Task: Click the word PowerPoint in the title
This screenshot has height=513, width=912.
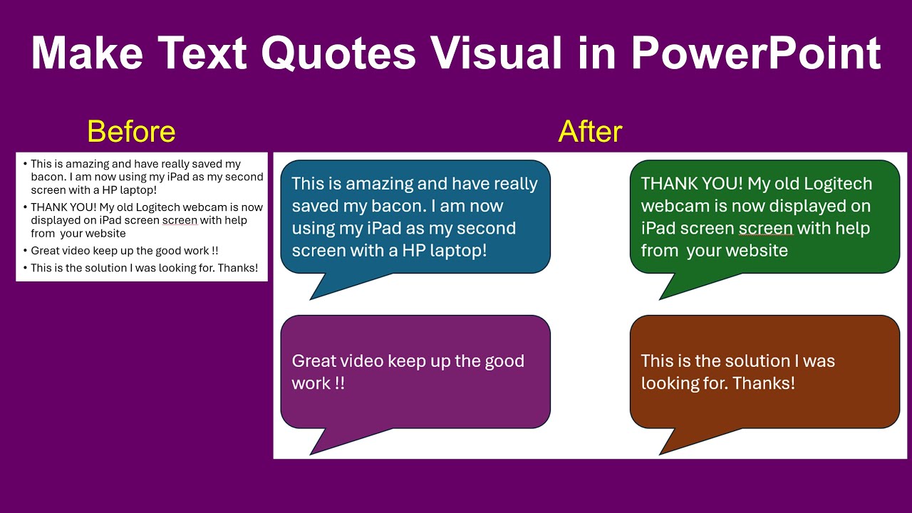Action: pyautogui.click(x=756, y=53)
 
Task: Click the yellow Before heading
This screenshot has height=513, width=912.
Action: pyautogui.click(x=131, y=132)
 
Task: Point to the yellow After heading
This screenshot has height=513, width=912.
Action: pyautogui.click(x=590, y=132)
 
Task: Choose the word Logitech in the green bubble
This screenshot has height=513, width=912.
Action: pyautogui.click(x=838, y=184)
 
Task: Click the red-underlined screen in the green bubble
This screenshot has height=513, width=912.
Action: pyautogui.click(x=765, y=229)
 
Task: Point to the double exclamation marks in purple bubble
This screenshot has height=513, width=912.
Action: pyautogui.click(x=339, y=383)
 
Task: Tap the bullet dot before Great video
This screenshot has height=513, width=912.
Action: pyautogui.click(x=25, y=251)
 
